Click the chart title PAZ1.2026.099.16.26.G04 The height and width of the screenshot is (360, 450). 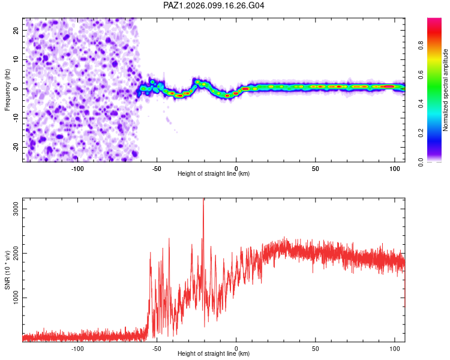point(214,5)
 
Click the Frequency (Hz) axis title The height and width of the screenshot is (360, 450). point(7,90)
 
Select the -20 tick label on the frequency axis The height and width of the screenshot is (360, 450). point(16,148)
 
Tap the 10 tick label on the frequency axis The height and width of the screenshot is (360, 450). point(16,60)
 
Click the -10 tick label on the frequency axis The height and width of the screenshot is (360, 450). point(16,118)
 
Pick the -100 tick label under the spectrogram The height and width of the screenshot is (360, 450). point(77,169)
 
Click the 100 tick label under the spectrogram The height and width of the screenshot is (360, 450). point(395,169)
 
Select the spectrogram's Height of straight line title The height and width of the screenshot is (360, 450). point(214,173)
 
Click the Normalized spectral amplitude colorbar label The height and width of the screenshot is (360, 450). point(445,90)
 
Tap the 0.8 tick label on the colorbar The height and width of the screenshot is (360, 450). point(421,46)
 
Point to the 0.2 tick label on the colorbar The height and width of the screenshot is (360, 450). point(421,133)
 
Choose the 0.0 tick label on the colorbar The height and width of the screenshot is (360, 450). point(421,162)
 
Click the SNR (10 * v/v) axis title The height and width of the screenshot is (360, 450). point(7,270)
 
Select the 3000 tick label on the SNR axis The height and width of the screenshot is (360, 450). point(16,209)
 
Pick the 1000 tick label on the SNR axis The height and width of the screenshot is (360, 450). point(16,298)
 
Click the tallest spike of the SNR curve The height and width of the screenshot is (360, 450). point(203,199)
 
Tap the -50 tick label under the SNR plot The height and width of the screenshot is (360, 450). point(157,349)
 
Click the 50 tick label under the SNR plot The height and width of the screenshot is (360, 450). point(316,349)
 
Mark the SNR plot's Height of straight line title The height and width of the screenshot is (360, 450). point(214,353)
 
